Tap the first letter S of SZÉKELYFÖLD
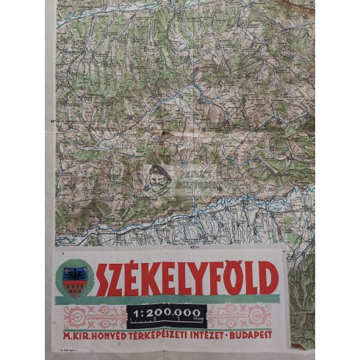tap(108, 278)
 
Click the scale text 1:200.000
tap(167, 312)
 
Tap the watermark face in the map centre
tap(156, 179)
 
